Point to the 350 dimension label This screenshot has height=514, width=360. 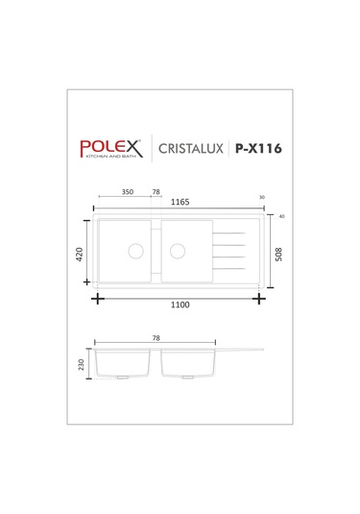(x=128, y=192)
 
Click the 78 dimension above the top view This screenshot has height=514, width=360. (x=156, y=192)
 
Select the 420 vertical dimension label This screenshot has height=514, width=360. (x=83, y=255)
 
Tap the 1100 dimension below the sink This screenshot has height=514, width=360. (x=180, y=306)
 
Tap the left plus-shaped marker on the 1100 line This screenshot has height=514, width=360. (x=98, y=298)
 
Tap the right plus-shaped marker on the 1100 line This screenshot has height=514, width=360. (x=260, y=298)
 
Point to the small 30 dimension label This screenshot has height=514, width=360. (x=262, y=199)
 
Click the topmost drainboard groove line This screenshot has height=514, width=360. (x=229, y=233)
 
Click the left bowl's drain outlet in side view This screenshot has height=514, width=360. (x=122, y=379)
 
